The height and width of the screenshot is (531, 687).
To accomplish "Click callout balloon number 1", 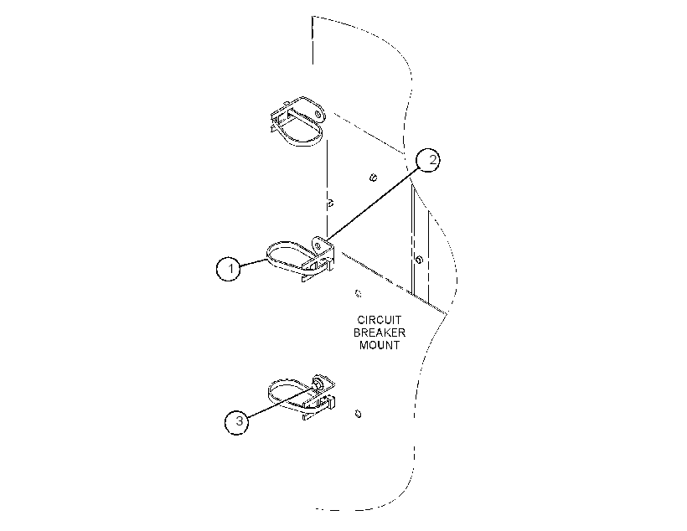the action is click(x=228, y=268).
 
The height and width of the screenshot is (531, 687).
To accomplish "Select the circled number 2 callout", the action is click(x=428, y=160).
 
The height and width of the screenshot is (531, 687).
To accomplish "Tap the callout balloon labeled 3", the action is click(x=237, y=422).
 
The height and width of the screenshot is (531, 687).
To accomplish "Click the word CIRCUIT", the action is click(x=379, y=320).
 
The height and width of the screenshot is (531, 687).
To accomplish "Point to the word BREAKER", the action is click(x=380, y=333).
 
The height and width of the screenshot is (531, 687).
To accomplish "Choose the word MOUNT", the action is click(x=380, y=345).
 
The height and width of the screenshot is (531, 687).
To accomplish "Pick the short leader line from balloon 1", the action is click(x=254, y=262).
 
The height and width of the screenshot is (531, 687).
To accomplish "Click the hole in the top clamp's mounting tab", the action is click(x=320, y=114).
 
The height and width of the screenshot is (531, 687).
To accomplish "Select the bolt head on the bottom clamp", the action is click(x=318, y=384).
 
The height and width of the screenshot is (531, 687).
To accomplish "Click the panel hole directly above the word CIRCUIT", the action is click(x=359, y=293).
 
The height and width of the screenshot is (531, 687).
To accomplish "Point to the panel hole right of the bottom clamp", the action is click(x=358, y=414).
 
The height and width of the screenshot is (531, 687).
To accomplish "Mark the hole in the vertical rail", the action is click(x=419, y=260).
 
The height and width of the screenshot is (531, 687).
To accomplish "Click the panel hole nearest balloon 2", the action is click(x=374, y=178).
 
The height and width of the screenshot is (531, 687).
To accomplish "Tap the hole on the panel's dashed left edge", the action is click(x=331, y=204).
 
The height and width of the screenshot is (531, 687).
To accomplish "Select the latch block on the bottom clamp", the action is click(x=329, y=402).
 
